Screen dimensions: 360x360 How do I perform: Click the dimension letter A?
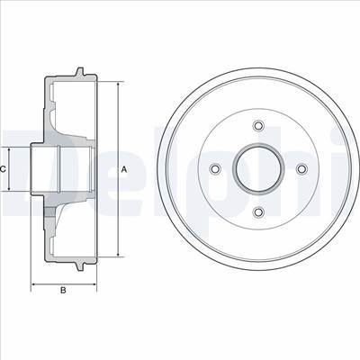click(x=124, y=170)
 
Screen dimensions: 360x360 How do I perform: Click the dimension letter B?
click(x=63, y=290)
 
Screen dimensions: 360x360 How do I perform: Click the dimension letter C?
click(x=3, y=169)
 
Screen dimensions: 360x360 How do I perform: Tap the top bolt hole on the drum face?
click(x=258, y=125)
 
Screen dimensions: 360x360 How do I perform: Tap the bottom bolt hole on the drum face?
click(x=258, y=212)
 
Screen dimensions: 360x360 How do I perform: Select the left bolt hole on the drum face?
click(x=215, y=169)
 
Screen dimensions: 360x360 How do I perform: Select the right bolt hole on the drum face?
click(x=301, y=169)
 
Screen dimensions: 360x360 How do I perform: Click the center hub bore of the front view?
click(x=258, y=169)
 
